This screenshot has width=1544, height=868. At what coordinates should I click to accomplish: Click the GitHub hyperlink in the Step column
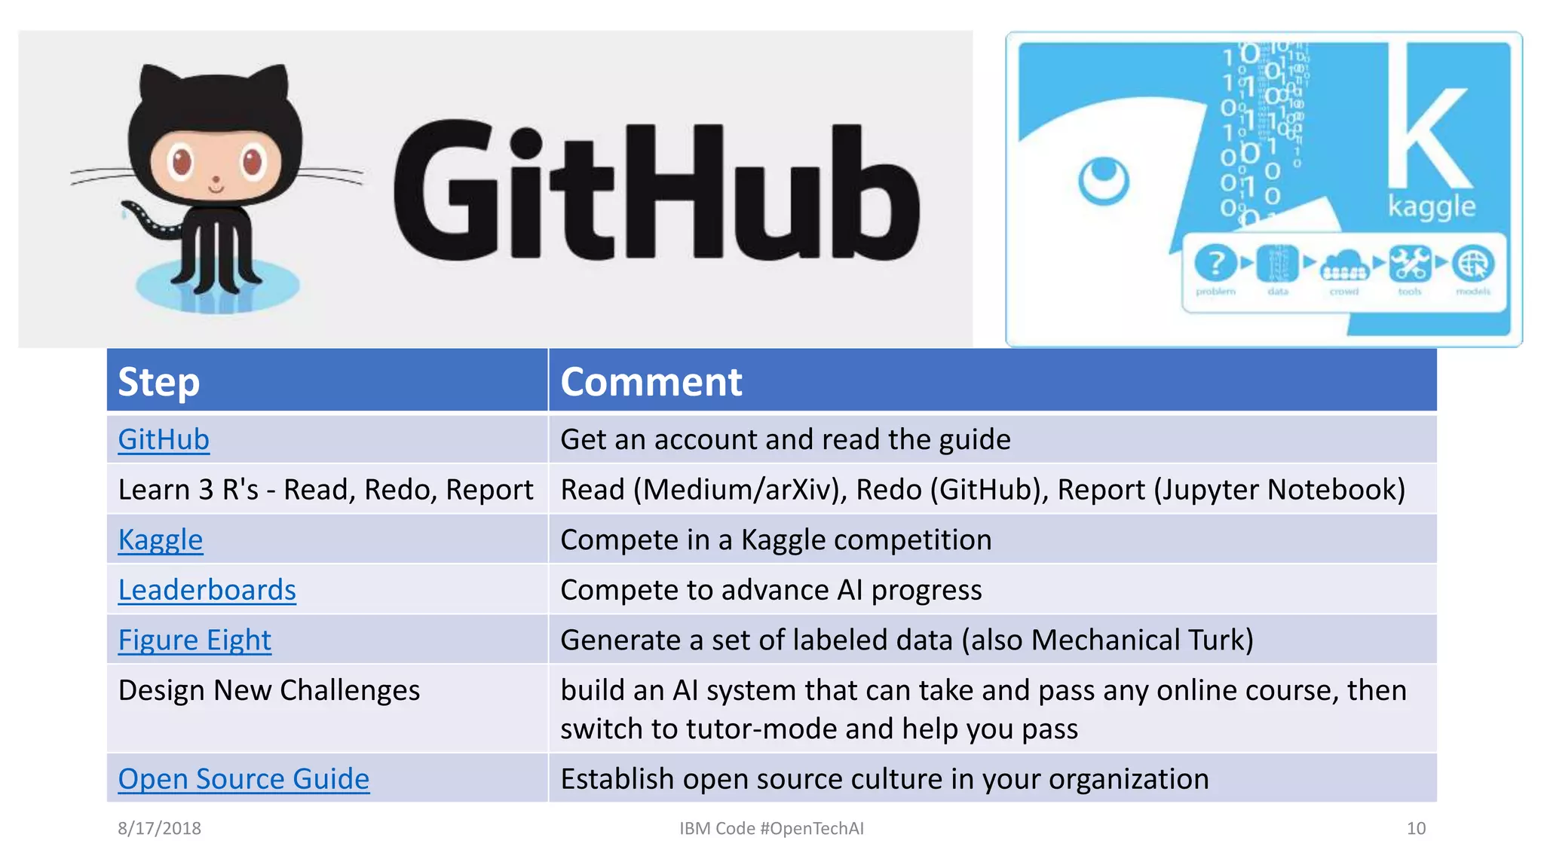[x=164, y=439]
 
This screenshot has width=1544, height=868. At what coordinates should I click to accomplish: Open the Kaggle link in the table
[x=161, y=539]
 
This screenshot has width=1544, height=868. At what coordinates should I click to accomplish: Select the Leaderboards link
[x=207, y=590]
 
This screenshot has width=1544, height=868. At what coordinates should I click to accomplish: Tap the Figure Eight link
[x=195, y=640]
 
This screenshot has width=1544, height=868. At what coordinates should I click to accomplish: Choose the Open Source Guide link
[x=244, y=778]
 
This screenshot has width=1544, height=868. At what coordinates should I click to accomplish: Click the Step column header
[x=159, y=381]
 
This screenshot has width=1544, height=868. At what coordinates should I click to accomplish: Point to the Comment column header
[x=651, y=381]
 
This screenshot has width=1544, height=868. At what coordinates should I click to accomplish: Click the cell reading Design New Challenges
[x=269, y=690]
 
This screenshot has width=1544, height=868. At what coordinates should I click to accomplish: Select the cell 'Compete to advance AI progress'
[x=770, y=590]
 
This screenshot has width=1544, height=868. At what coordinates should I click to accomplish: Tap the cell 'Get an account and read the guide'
[x=785, y=439]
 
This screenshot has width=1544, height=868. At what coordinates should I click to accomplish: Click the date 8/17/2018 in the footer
[x=159, y=828]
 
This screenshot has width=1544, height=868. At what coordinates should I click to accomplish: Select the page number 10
[x=1416, y=828]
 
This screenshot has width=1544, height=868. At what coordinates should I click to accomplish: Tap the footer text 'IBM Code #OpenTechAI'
[x=771, y=828]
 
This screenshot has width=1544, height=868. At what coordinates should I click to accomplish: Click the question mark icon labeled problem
[x=1215, y=264]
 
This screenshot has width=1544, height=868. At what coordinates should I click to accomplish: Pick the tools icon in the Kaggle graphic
[x=1409, y=264]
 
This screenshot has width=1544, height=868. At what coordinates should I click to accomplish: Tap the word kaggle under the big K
[x=1432, y=206]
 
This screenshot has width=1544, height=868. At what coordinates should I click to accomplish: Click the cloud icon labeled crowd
[x=1344, y=265]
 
